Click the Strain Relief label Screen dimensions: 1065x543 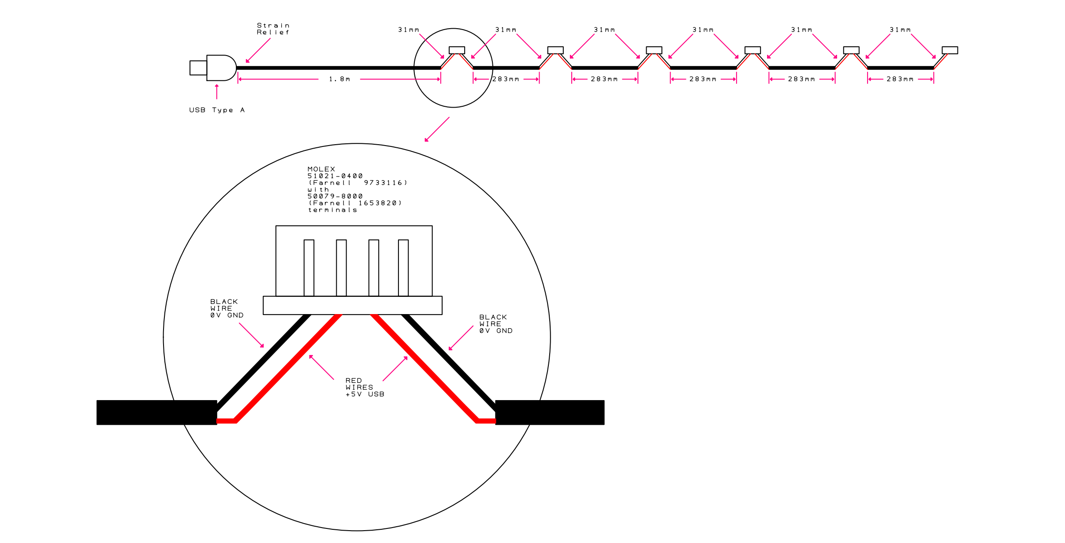click(273, 29)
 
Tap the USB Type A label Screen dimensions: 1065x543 click(217, 110)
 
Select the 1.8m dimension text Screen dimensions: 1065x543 click(339, 79)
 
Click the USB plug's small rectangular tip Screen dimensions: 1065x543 click(198, 68)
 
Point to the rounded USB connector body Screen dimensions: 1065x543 click(221, 68)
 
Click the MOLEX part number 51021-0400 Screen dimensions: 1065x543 click(335, 176)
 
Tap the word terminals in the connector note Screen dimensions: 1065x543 click(332, 210)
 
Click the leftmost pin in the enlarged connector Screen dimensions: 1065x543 click(309, 268)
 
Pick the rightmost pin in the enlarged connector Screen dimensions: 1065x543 click(403, 268)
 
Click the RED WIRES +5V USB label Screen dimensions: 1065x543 click(365, 387)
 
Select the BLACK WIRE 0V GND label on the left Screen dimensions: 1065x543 click(227, 308)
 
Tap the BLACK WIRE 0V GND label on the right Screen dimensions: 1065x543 click(496, 324)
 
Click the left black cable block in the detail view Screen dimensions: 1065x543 click(156, 412)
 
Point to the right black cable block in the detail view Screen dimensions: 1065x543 click(550, 412)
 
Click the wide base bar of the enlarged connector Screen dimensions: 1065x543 click(353, 305)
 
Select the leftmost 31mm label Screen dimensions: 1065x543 click(409, 30)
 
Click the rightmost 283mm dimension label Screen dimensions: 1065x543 click(900, 79)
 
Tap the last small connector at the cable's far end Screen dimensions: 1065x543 click(950, 50)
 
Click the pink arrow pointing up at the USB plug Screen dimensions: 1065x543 click(216, 91)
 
